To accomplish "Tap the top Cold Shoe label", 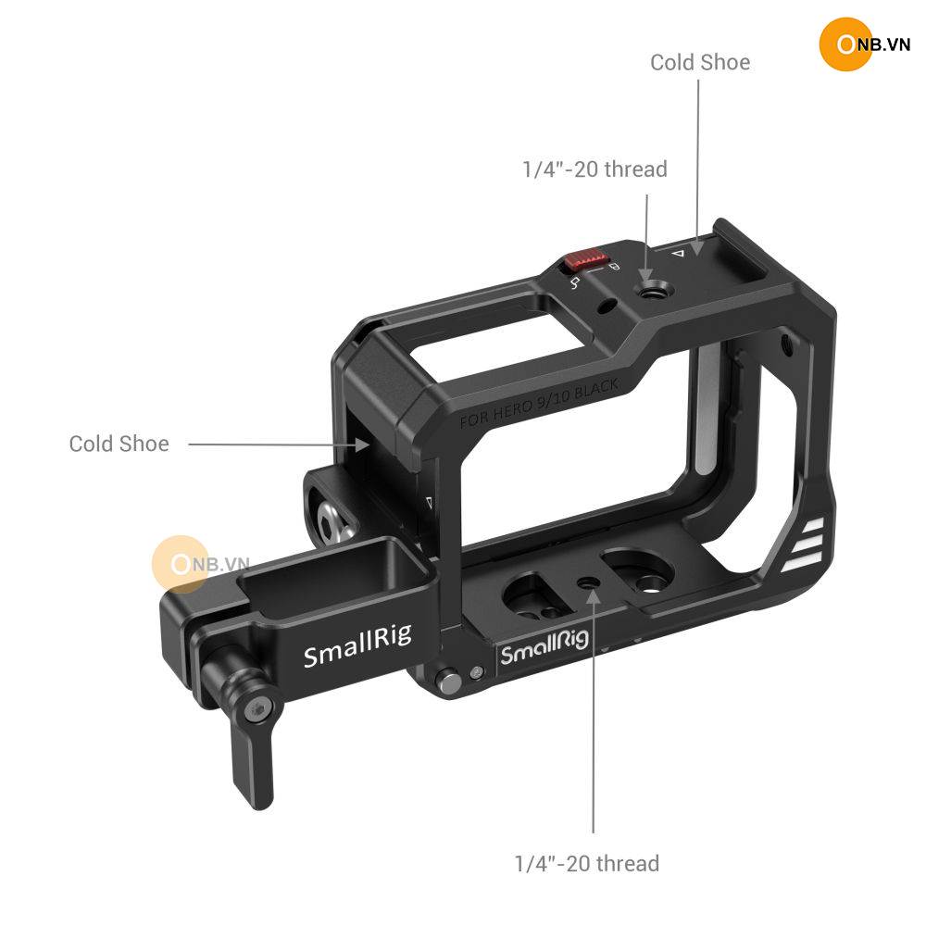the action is tap(700, 62).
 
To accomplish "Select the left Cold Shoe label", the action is tap(119, 444).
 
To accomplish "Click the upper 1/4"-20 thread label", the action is tap(594, 169).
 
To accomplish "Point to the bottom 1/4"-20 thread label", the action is tap(587, 863).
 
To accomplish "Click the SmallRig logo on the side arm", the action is tap(357, 646).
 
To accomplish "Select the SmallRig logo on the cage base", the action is tap(544, 646).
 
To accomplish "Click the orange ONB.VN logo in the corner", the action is tap(865, 44).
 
